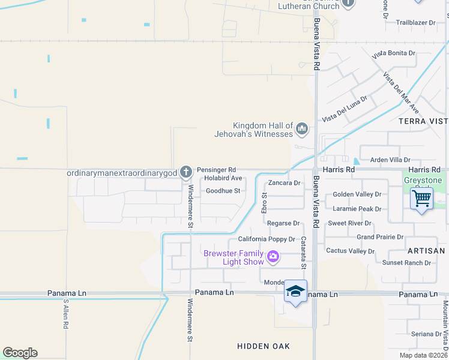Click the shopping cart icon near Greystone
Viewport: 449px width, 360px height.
421,197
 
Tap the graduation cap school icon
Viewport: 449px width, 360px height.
295,291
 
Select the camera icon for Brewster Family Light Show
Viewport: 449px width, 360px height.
273,257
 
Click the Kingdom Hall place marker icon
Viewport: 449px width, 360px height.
301,128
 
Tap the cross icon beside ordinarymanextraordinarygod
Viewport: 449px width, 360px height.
186,173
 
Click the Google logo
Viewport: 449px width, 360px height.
20,353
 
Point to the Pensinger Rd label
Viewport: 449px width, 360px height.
216,170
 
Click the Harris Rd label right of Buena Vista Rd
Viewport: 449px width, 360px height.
339,170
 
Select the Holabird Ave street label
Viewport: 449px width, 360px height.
223,178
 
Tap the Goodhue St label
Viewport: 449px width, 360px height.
223,191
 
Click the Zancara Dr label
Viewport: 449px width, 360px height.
284,182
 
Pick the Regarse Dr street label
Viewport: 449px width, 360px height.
283,223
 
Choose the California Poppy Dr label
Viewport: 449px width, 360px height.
267,239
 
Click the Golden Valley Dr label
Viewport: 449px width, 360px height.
357,194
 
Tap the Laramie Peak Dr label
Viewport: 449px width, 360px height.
357,209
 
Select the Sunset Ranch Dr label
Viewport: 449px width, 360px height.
406,263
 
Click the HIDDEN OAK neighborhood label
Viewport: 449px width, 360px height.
264,346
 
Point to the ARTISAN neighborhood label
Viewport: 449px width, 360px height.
425,251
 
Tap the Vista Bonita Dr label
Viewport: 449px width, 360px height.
394,53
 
